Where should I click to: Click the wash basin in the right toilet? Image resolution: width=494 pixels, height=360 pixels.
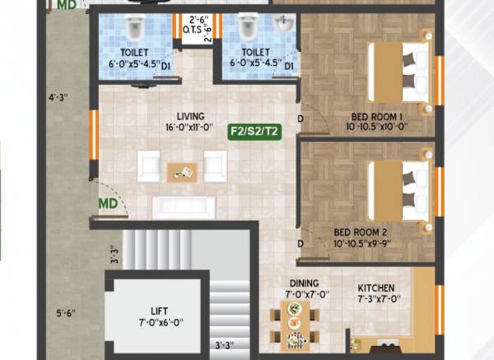click(281, 23)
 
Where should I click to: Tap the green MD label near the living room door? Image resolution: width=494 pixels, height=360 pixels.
click(108, 203)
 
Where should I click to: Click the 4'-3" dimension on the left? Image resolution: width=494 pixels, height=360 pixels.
click(58, 98)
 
